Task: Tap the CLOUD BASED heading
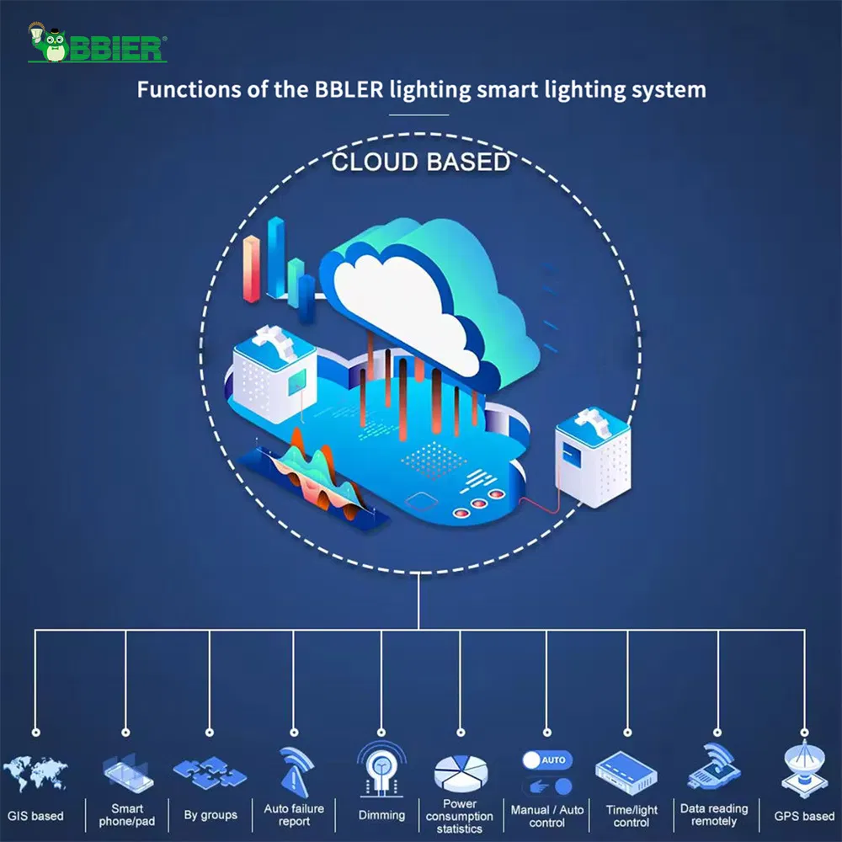coord(421,162)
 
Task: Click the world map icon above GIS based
coord(35,774)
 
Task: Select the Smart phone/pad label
coord(127,815)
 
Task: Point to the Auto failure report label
coord(294,815)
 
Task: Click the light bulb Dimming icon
coord(381,768)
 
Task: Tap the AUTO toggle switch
coord(546,759)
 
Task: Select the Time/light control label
coord(631,815)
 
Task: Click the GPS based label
coord(804,816)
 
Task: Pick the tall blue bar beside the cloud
coord(275,257)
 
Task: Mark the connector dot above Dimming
coord(381,733)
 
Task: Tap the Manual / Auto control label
coord(547,815)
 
